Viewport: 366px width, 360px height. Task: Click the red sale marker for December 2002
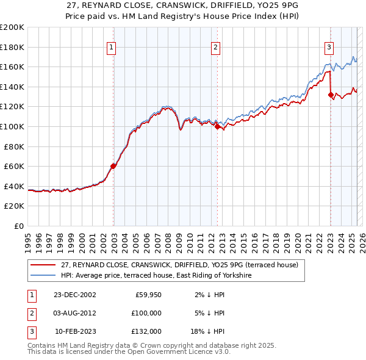coord(113,166)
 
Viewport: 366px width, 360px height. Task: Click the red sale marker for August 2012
coord(217,126)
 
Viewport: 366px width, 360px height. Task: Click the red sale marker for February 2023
coord(331,95)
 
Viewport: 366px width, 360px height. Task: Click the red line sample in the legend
coord(43,265)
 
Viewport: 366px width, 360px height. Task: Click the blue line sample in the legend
coord(43,276)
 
